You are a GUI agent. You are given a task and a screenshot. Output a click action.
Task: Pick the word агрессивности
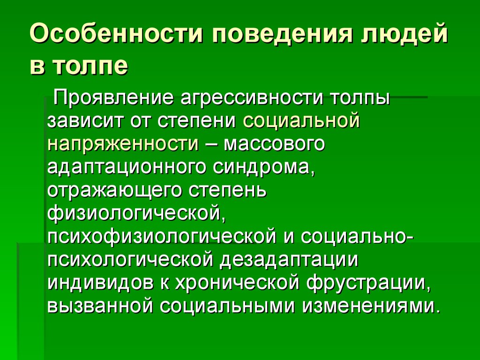[x=244, y=99]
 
